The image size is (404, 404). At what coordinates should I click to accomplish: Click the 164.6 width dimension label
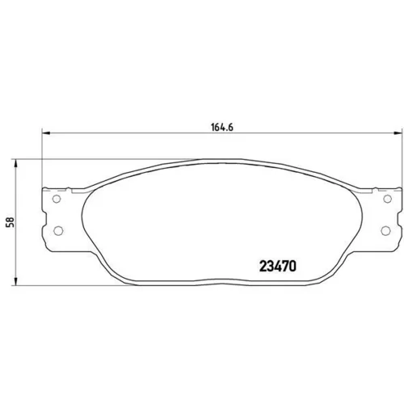222,127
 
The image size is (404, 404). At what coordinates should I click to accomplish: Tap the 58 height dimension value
11,222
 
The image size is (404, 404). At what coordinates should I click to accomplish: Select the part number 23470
278,267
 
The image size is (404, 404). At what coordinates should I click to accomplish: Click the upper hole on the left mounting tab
57,199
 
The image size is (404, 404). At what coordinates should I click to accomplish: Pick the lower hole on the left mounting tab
58,231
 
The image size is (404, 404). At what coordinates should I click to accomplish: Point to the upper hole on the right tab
387,199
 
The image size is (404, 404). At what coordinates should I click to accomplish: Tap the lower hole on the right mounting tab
385,231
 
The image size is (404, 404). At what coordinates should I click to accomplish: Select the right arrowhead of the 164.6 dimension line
398,133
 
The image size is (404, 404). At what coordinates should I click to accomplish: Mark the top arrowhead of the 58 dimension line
15,163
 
